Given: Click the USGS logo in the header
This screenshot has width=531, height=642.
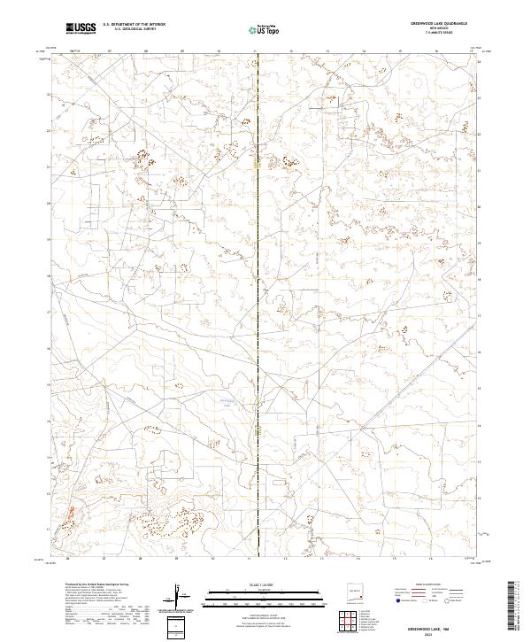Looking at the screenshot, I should click(81, 28).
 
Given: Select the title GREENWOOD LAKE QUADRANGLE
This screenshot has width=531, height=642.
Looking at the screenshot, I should click(440, 24).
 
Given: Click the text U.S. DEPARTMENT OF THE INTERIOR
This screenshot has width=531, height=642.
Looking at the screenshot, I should click(134, 25).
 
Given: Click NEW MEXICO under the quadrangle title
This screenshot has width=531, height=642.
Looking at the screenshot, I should click(440, 28).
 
